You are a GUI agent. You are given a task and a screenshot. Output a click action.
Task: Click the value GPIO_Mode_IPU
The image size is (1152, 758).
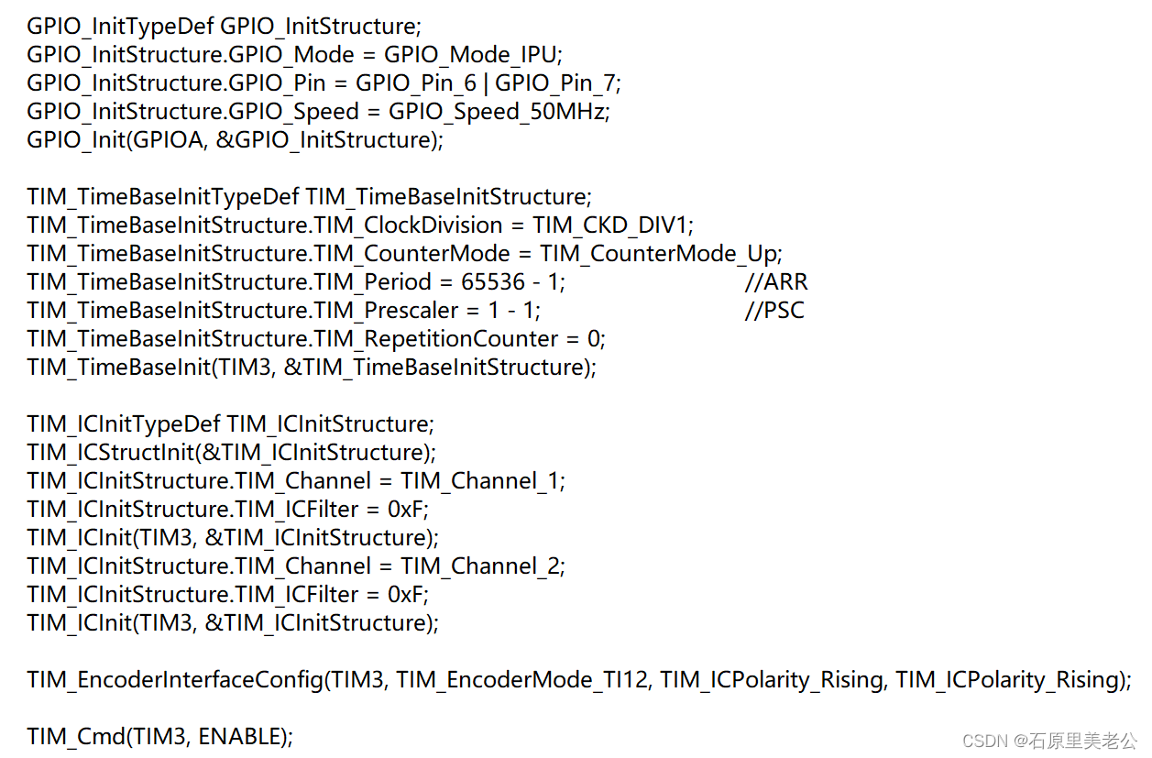click(x=469, y=55)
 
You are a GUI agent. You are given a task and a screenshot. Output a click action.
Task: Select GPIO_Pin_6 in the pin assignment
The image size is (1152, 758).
click(x=416, y=83)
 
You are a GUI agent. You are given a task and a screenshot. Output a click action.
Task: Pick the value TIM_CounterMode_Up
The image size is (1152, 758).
click(x=659, y=254)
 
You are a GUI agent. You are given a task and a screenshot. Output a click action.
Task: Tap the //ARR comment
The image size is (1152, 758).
click(x=776, y=282)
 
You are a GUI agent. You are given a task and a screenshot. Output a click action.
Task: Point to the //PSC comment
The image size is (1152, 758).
click(x=774, y=311)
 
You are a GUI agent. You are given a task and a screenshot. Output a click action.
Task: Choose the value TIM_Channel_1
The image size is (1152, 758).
click(x=482, y=481)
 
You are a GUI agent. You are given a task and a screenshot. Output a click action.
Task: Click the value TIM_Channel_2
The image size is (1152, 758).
click(x=482, y=566)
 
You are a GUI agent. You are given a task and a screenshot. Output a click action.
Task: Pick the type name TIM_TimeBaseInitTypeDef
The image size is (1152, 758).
click(x=163, y=197)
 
